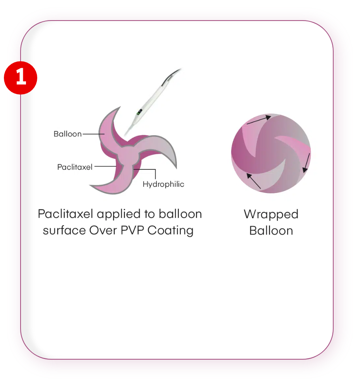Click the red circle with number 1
(x=21, y=78)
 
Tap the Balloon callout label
(x=67, y=134)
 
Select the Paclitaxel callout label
(x=74, y=167)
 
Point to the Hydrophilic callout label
(x=163, y=184)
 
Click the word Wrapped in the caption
(x=271, y=214)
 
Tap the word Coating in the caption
(x=170, y=231)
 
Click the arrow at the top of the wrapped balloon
(x=259, y=120)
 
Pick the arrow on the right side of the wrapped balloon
(x=306, y=162)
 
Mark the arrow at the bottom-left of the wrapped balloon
(x=254, y=181)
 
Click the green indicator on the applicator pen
(x=139, y=112)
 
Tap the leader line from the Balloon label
(x=93, y=134)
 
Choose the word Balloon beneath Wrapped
(x=271, y=231)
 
